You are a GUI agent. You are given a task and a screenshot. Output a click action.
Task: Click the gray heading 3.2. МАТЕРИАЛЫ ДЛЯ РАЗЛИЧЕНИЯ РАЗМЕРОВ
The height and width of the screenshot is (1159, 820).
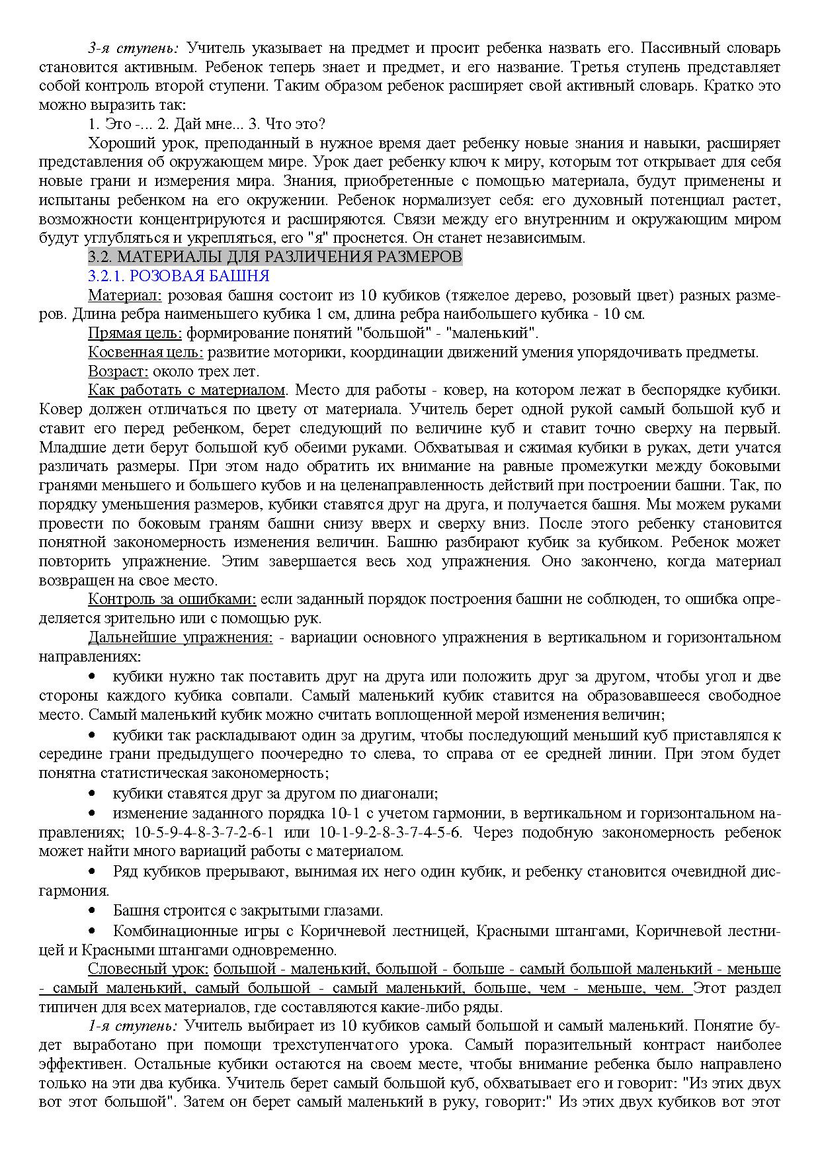click(275, 257)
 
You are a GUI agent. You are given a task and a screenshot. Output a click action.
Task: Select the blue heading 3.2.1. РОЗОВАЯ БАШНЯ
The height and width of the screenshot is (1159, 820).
click(179, 276)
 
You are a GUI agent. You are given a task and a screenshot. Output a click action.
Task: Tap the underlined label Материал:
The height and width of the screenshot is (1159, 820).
click(125, 295)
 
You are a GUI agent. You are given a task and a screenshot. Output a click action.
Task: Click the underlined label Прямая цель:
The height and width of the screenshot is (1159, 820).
click(135, 333)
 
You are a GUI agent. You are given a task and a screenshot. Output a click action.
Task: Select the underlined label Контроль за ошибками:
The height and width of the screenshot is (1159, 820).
click(172, 599)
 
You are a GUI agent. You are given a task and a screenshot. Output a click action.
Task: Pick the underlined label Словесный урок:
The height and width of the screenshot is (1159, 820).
click(148, 969)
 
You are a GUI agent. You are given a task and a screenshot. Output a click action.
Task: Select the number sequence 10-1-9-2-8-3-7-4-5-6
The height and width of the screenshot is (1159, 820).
click(391, 832)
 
